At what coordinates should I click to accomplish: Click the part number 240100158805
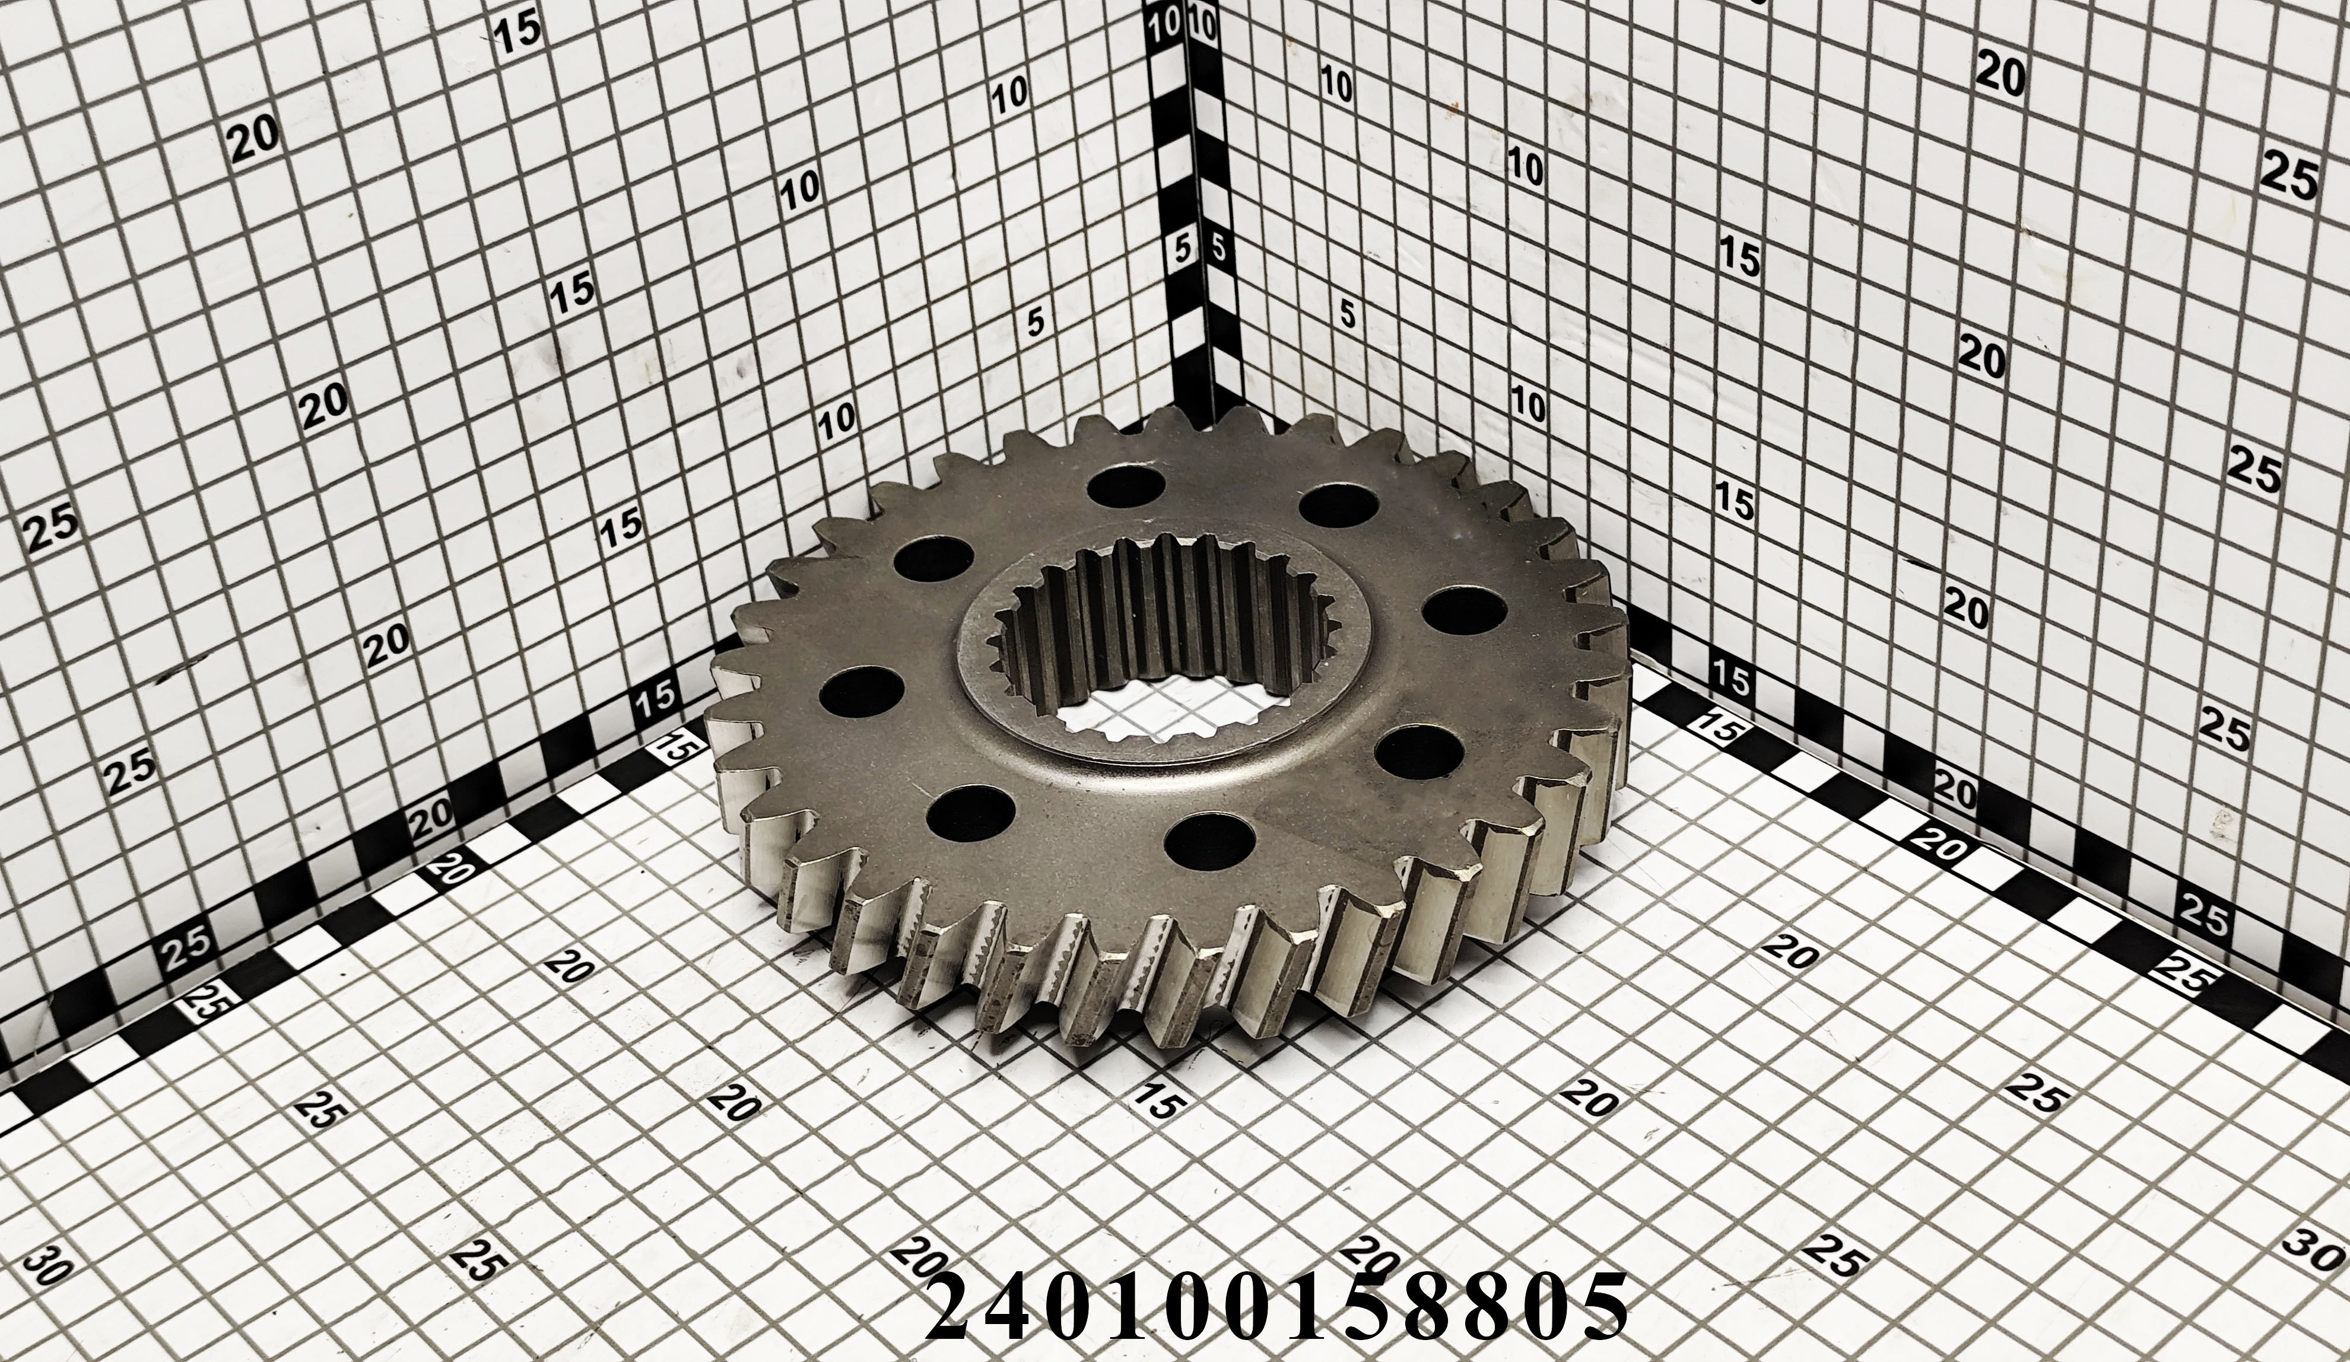(x=1276, y=1312)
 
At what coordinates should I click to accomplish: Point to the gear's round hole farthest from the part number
(x=1126, y=486)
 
